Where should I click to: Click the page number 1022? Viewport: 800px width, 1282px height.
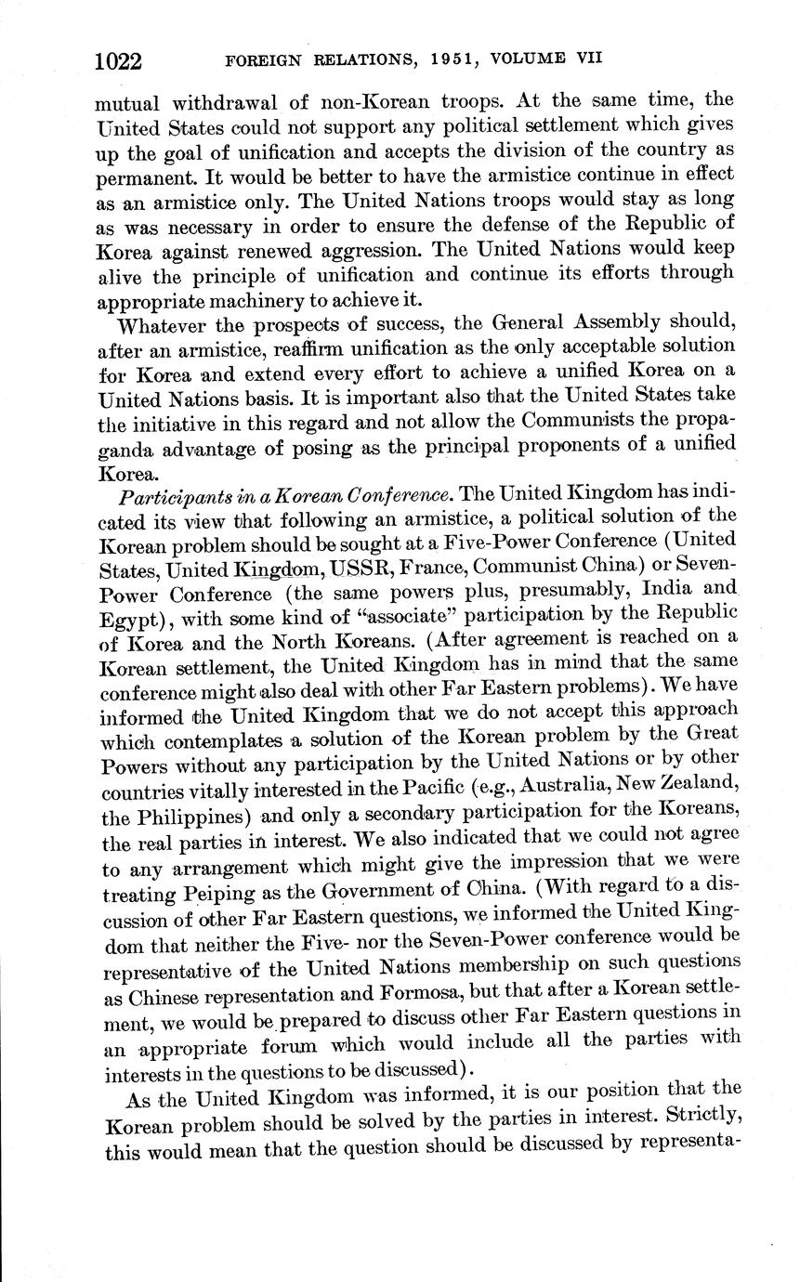tap(117, 61)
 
